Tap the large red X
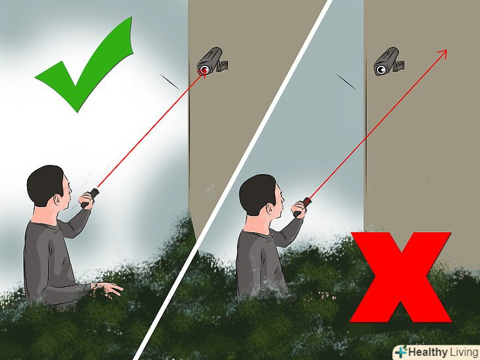point(400,277)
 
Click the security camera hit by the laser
point(212,61)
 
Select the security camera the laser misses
point(388,61)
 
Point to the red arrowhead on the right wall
point(442,54)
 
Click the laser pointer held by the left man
point(90,198)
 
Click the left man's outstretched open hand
point(107,289)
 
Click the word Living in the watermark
point(464,352)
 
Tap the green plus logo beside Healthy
point(402,351)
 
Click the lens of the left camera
point(204,69)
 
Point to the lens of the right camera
point(380,70)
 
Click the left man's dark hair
point(44,184)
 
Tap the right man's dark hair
point(256,193)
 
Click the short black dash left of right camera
point(346,82)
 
